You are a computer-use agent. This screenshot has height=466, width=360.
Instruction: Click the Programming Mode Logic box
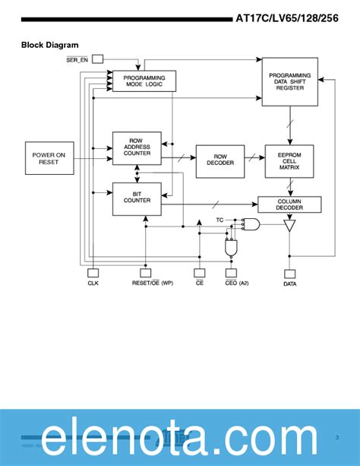(x=144, y=81)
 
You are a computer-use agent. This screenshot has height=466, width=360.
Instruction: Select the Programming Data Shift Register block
(x=289, y=81)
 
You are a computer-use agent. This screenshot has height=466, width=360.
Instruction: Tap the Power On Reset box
(x=49, y=158)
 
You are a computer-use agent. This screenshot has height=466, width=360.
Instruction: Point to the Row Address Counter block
(x=137, y=147)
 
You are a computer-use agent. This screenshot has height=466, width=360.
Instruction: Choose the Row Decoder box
(x=220, y=161)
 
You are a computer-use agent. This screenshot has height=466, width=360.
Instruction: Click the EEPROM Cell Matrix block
(x=289, y=161)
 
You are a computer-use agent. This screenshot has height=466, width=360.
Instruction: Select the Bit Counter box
(x=137, y=199)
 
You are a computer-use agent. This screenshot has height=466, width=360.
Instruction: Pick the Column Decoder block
(x=289, y=204)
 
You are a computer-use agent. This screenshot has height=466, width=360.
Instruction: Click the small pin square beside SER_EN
(x=98, y=59)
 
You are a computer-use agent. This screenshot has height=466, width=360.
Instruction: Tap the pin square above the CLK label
(x=93, y=272)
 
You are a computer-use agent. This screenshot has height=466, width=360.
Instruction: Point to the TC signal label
(x=219, y=220)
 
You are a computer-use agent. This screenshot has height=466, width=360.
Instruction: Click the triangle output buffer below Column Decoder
(x=289, y=226)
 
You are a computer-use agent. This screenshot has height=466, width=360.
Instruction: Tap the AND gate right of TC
(x=250, y=224)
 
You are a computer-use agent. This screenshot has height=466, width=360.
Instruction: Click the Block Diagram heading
(x=49, y=46)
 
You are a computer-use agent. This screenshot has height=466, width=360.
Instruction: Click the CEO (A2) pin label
(x=237, y=284)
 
